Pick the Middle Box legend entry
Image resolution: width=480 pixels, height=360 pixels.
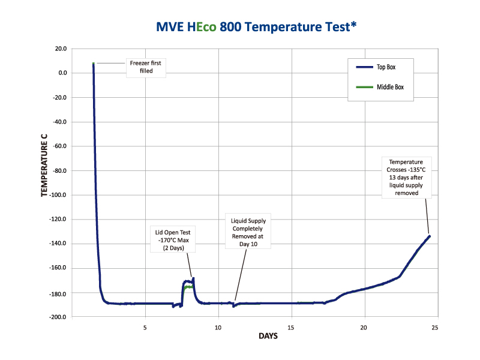[390, 87]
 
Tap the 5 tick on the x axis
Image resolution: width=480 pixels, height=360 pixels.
[145, 327]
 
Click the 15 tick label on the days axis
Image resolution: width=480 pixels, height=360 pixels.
[291, 327]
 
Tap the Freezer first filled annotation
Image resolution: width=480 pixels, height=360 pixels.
[146, 67]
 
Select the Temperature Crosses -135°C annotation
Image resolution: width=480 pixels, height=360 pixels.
[406, 178]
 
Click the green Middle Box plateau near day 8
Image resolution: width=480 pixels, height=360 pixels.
[189, 287]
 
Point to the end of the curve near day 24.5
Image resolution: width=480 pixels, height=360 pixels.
[429, 236]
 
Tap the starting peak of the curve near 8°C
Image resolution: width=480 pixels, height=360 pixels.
[94, 64]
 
